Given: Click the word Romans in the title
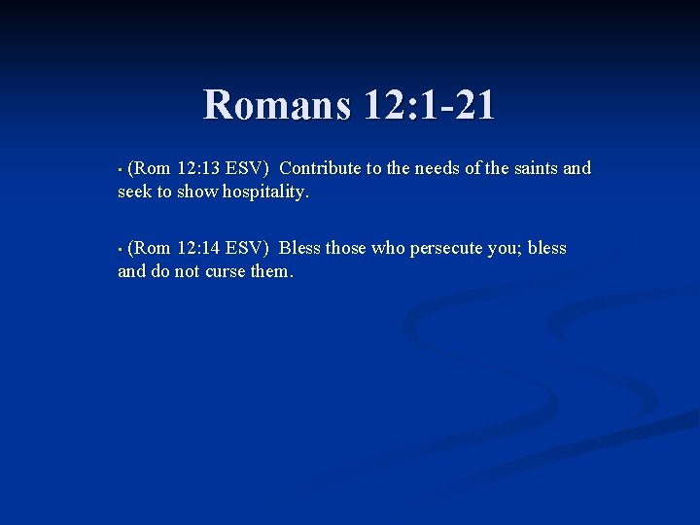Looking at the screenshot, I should (x=276, y=105).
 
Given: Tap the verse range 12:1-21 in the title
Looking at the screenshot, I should (x=428, y=105).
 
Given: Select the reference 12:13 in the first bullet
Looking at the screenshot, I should (x=198, y=168).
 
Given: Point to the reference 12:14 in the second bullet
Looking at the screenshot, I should (x=198, y=248).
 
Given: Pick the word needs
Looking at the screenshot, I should (x=437, y=168).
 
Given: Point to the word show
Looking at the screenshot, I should (x=197, y=192).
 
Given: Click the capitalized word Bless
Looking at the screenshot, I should (x=299, y=248).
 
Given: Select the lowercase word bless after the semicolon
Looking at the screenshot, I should (x=546, y=248).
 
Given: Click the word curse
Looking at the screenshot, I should (x=226, y=271).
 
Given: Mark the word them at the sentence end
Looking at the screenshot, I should (x=271, y=271).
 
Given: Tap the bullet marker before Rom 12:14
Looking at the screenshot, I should (x=120, y=250).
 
